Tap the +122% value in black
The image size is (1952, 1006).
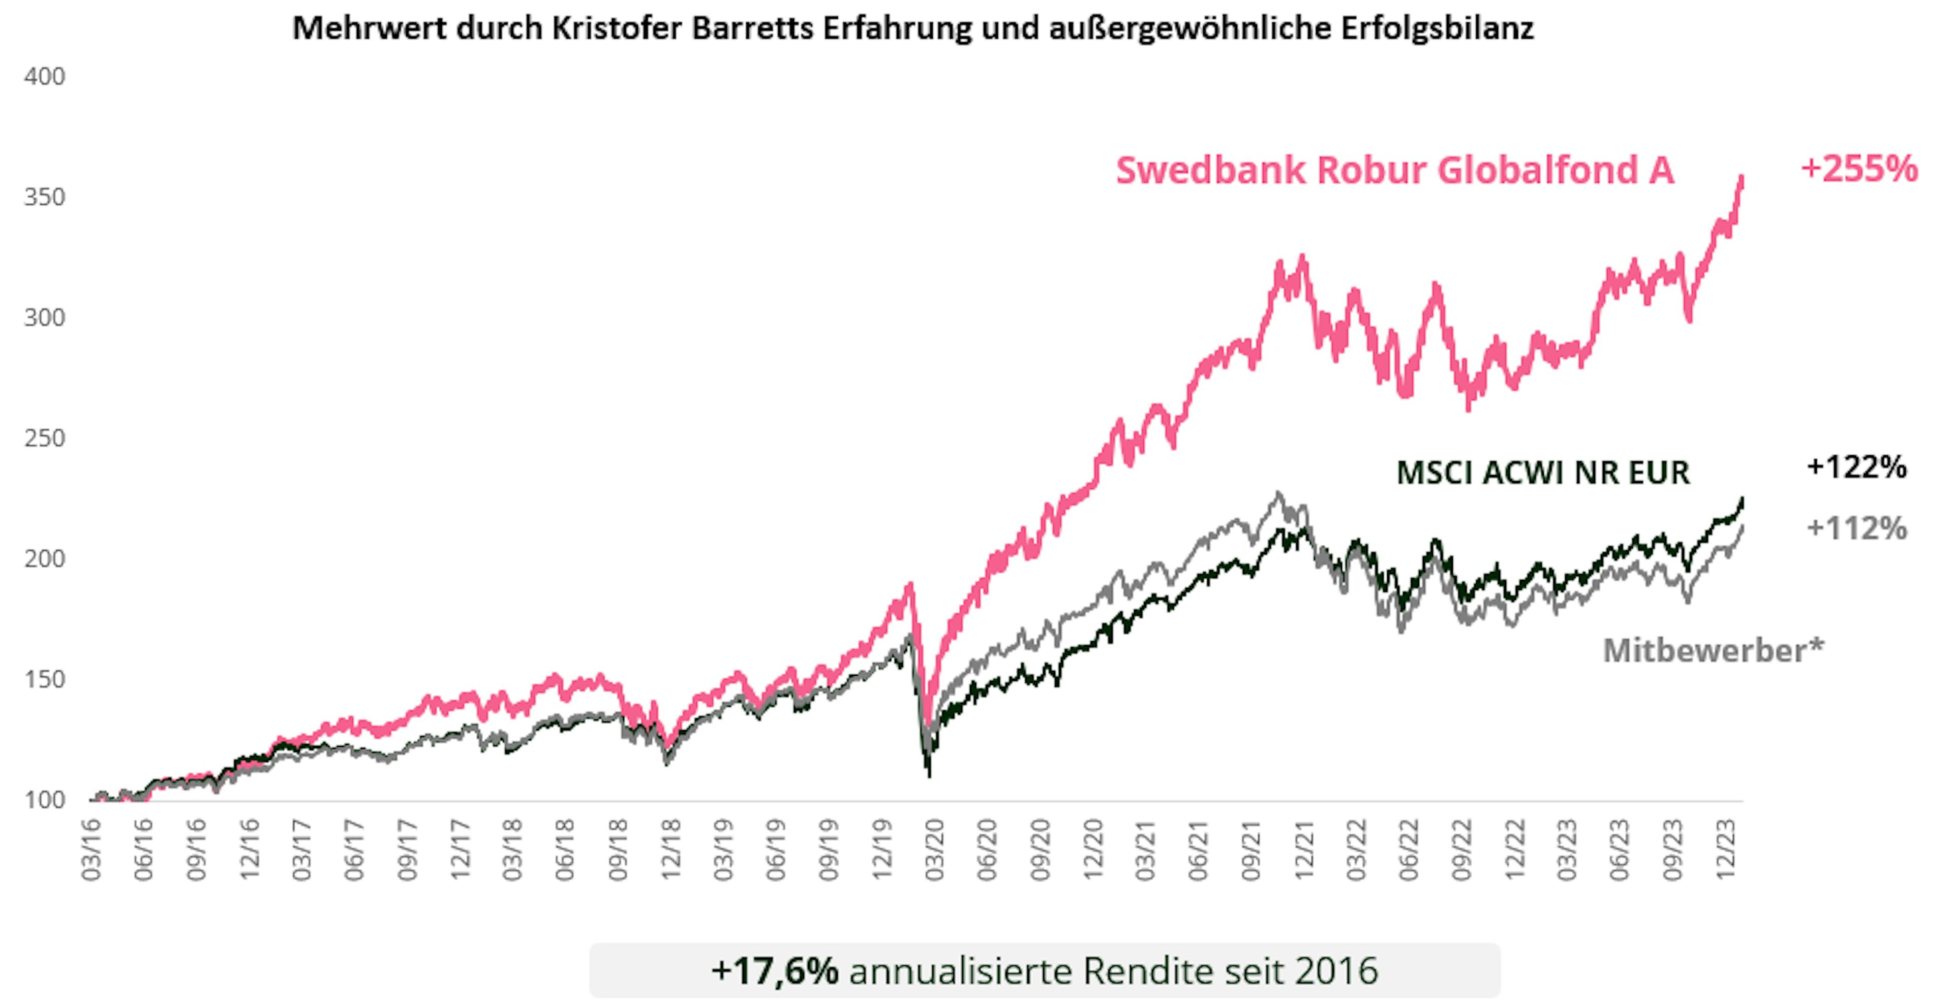[1856, 467]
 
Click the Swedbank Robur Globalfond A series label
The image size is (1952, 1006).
[1394, 170]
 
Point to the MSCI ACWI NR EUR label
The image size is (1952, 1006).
[1543, 473]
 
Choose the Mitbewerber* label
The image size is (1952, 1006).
[1713, 650]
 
